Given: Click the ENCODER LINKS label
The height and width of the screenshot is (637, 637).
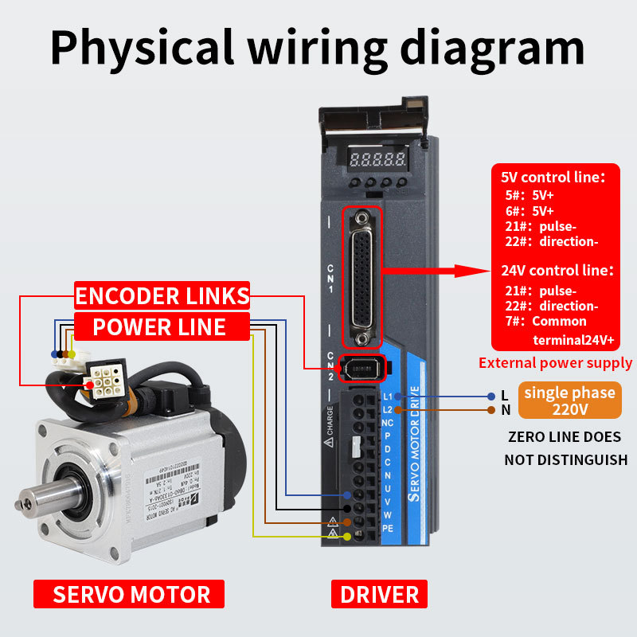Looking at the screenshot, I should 162,296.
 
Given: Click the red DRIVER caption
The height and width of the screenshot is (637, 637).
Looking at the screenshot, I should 379,594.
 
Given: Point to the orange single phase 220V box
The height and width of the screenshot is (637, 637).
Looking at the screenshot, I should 570,401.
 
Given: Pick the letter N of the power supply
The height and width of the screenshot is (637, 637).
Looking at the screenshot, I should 504,411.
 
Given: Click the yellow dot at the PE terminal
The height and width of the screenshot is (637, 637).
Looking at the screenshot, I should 346,537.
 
